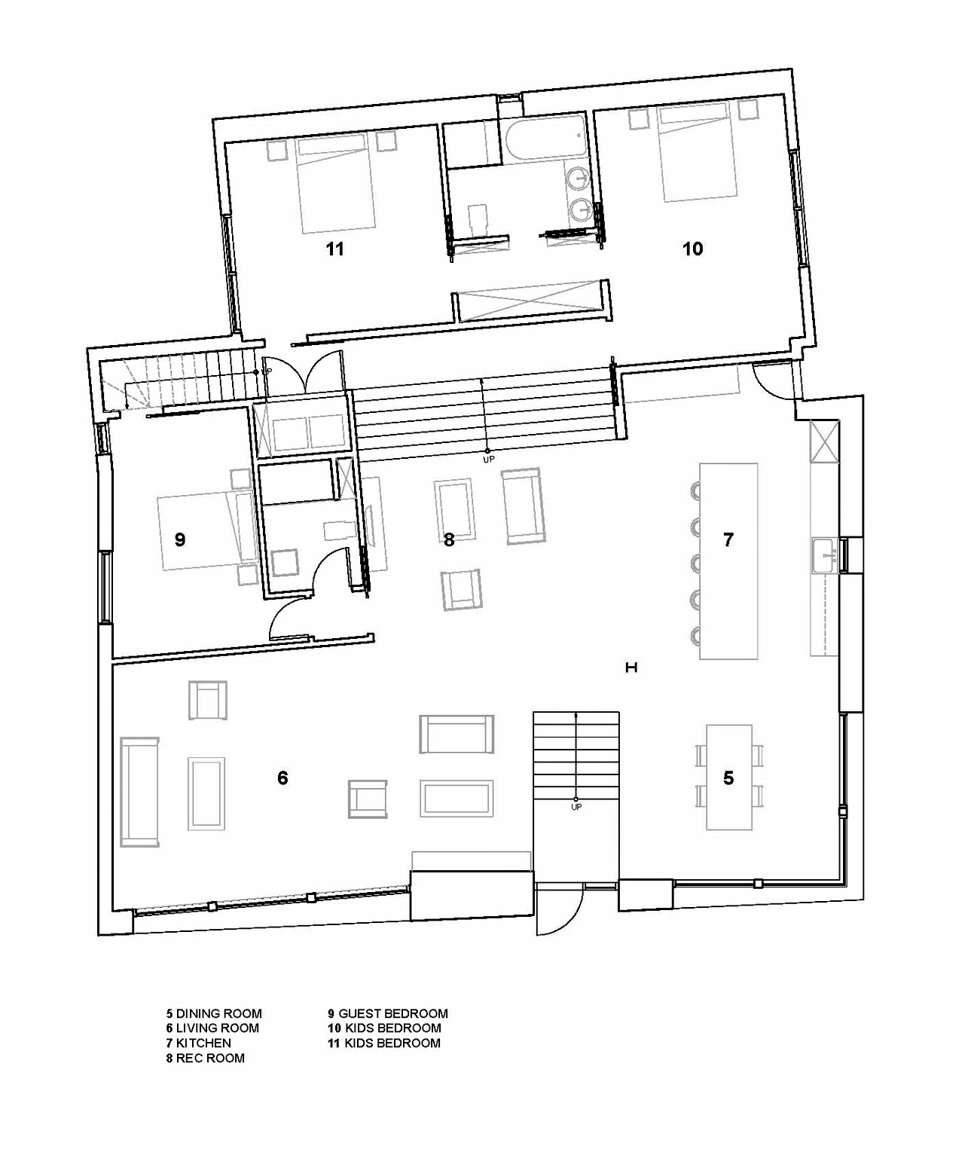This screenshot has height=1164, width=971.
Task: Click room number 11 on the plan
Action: click(x=335, y=249)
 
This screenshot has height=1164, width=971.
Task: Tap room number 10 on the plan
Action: click(x=693, y=249)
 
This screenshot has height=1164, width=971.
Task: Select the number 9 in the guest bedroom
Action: click(x=179, y=539)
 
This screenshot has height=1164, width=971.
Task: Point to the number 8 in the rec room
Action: click(x=449, y=539)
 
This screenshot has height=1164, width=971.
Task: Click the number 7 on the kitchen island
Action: click(x=728, y=539)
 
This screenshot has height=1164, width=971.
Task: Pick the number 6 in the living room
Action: click(x=282, y=778)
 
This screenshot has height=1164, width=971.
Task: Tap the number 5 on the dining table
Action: click(x=728, y=778)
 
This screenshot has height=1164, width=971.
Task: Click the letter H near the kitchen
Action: click(x=631, y=668)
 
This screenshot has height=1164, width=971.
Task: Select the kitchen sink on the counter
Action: click(x=824, y=555)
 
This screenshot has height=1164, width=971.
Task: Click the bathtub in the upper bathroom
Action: click(x=547, y=139)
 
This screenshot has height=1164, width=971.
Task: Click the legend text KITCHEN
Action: click(x=203, y=1043)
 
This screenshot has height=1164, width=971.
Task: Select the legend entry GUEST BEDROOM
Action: click(x=393, y=1013)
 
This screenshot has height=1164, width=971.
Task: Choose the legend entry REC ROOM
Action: click(x=210, y=1058)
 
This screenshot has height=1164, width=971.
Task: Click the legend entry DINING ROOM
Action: click(x=218, y=1013)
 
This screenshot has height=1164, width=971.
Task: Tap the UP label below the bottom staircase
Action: click(x=576, y=807)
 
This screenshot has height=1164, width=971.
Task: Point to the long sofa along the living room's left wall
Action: click(x=139, y=792)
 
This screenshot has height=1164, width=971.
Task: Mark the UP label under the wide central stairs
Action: click(x=488, y=460)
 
